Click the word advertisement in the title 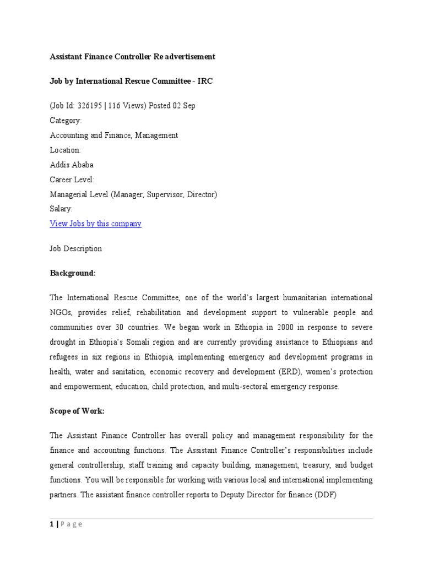click(x=188, y=57)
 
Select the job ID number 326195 click(x=89, y=105)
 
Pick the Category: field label click(x=66, y=120)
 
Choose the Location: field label click(x=65, y=150)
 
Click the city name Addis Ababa click(x=72, y=165)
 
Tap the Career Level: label click(x=72, y=180)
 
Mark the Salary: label click(x=61, y=209)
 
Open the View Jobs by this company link click(x=95, y=224)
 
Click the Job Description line click(x=75, y=248)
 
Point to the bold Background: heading click(x=73, y=273)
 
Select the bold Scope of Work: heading click(x=77, y=411)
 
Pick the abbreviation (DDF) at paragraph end click(x=324, y=495)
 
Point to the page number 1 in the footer click(x=51, y=524)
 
